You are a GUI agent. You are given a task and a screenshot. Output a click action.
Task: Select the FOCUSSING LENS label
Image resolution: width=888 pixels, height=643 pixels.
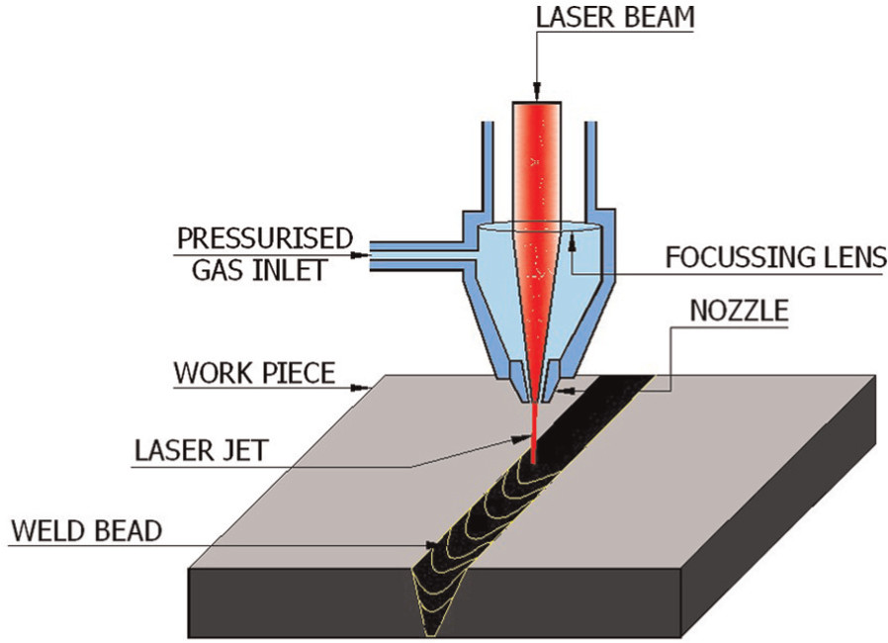click(x=775, y=259)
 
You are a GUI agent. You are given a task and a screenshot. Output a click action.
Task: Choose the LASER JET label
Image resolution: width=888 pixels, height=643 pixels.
click(x=200, y=450)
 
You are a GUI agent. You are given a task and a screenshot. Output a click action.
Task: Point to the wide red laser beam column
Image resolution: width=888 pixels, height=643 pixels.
click(x=537, y=158)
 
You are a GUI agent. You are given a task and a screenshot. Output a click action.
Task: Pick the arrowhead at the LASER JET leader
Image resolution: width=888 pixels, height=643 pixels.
click(x=519, y=436)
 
